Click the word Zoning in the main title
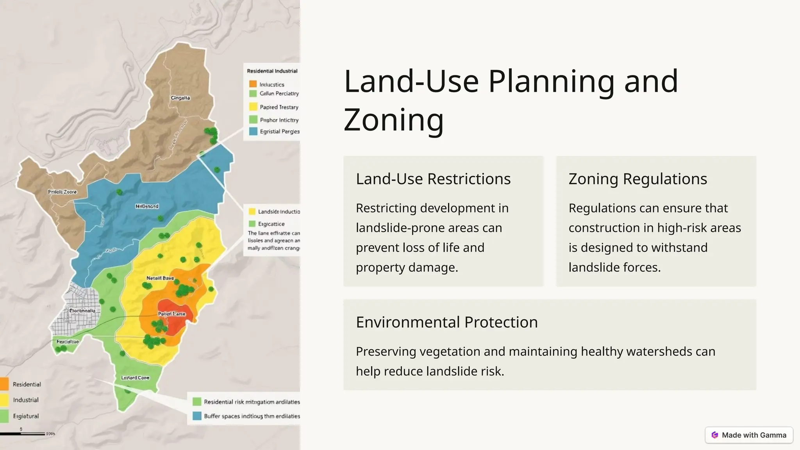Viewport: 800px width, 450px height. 393,120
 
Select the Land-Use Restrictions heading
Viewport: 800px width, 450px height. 433,179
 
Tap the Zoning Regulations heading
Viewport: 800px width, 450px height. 637,179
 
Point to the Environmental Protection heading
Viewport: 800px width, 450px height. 446,322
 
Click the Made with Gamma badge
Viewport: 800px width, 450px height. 749,435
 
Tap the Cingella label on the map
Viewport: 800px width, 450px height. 180,98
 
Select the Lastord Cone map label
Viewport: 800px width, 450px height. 135,378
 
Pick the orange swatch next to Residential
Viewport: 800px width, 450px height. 4,384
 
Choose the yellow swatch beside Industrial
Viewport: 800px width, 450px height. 4,400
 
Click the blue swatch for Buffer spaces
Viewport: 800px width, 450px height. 197,416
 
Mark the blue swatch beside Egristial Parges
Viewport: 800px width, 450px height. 253,132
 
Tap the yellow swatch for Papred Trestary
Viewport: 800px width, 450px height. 253,107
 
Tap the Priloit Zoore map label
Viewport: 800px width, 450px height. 62,192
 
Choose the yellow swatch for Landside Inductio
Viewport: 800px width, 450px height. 252,212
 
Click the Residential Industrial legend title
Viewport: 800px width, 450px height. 272,71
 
